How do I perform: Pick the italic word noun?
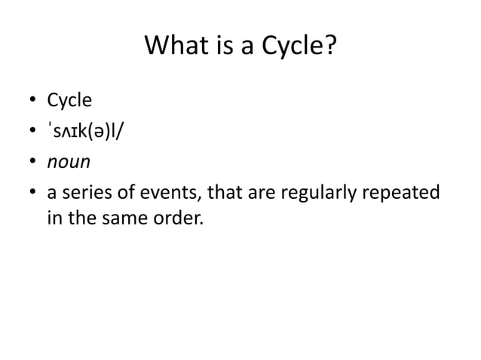(x=69, y=162)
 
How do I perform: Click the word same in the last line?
(x=115, y=222)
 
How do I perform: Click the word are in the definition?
(x=261, y=193)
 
